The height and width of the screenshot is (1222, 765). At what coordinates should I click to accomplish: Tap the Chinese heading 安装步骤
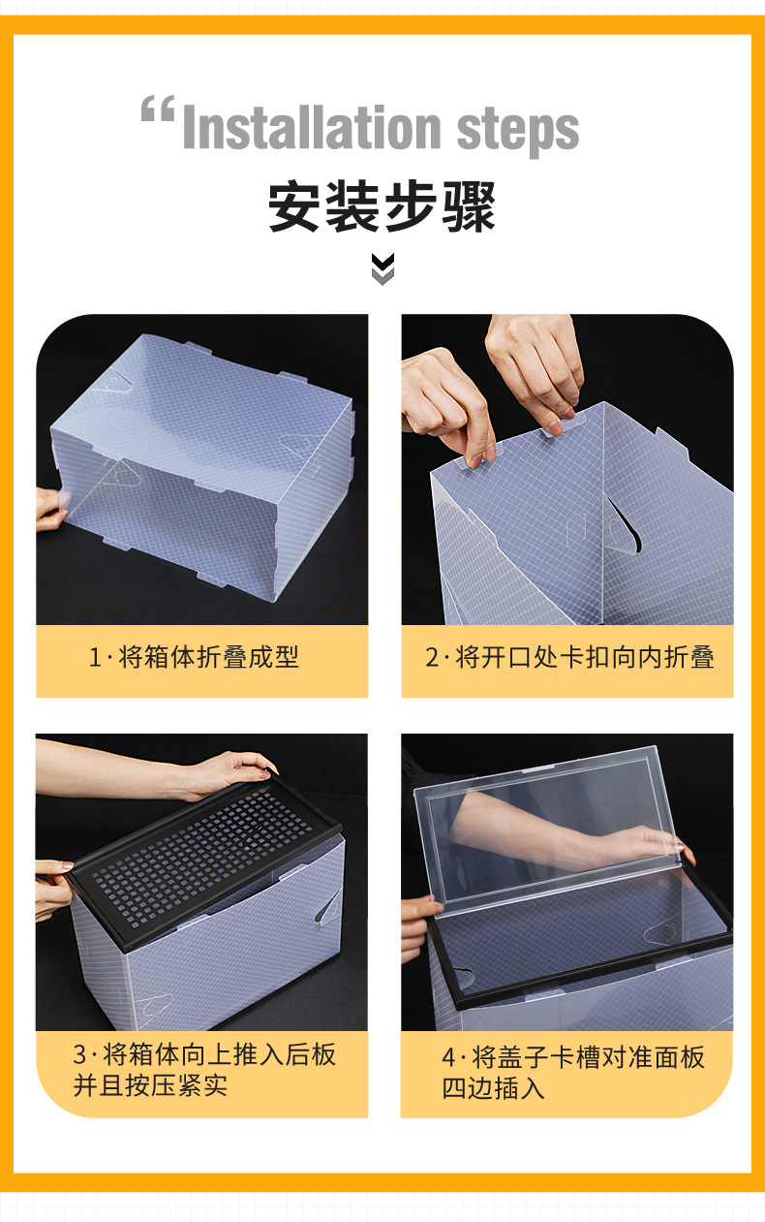[x=382, y=206]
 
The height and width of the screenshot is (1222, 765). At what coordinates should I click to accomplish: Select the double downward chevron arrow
[x=383, y=268]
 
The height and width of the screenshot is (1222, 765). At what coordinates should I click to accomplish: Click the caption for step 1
[x=195, y=658]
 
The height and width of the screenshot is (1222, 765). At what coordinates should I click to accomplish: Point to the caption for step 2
[x=569, y=658]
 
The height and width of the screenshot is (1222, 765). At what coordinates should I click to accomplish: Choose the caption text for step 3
[x=204, y=1069]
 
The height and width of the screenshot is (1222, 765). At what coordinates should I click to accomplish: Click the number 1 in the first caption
[x=95, y=658]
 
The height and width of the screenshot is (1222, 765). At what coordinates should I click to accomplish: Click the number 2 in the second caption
[x=433, y=658]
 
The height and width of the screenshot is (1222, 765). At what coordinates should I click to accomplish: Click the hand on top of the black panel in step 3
[x=228, y=770]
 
